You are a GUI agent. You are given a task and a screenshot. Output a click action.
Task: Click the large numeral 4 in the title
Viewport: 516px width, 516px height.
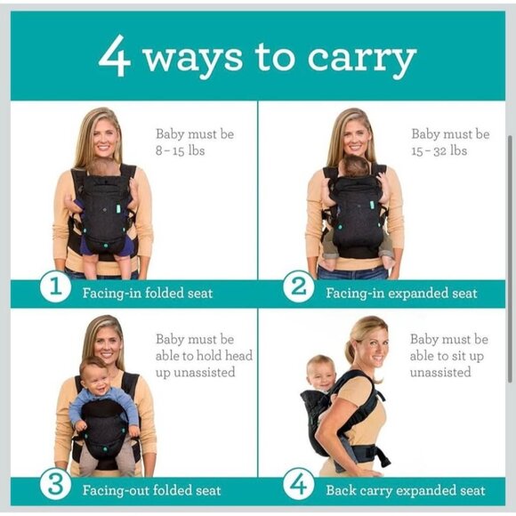coord(115,56)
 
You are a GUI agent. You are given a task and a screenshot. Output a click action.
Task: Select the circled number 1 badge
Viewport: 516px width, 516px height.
coord(56,286)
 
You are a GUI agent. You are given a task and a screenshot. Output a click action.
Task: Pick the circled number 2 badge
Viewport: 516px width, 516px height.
coord(298,286)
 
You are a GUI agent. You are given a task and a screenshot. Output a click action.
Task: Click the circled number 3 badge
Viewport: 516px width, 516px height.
coord(56,484)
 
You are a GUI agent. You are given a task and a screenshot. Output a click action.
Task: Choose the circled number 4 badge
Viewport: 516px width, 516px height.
coord(298,484)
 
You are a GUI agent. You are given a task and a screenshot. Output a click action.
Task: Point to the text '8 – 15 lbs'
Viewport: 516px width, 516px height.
coord(180,150)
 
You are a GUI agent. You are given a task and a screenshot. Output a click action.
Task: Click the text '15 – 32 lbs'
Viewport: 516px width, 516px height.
coord(439,150)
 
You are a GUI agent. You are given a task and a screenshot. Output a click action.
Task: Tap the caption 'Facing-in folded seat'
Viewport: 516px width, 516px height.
coord(148,293)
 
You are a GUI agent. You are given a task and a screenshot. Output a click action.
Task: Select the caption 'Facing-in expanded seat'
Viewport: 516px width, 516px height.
coord(401,294)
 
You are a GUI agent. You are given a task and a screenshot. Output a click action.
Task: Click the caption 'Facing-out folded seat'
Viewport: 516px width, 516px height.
coord(151,490)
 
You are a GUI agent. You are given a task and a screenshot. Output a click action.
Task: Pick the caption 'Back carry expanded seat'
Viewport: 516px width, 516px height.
coord(406,491)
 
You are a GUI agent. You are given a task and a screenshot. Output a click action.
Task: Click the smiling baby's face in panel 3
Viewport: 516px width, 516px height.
coord(96,379)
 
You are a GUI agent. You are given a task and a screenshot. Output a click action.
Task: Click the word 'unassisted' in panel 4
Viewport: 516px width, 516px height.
coord(440,373)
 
